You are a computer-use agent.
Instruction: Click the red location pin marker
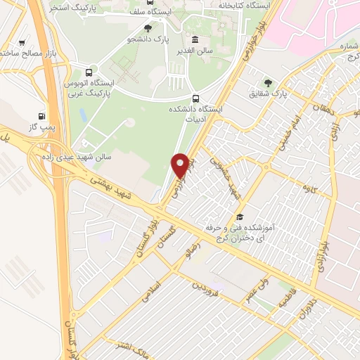pyautogui.click(x=180, y=165)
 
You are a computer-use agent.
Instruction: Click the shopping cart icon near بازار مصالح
pyautogui.click(x=25, y=41)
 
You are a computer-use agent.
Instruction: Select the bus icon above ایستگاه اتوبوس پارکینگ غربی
pyautogui.click(x=89, y=72)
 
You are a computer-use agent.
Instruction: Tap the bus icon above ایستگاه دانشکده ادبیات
pyautogui.click(x=195, y=98)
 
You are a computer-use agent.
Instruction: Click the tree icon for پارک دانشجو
pyautogui.click(x=148, y=28)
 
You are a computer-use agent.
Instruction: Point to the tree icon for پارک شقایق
pyautogui.click(x=266, y=82)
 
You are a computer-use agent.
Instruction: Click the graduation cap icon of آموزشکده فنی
pyautogui.click(x=240, y=217)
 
